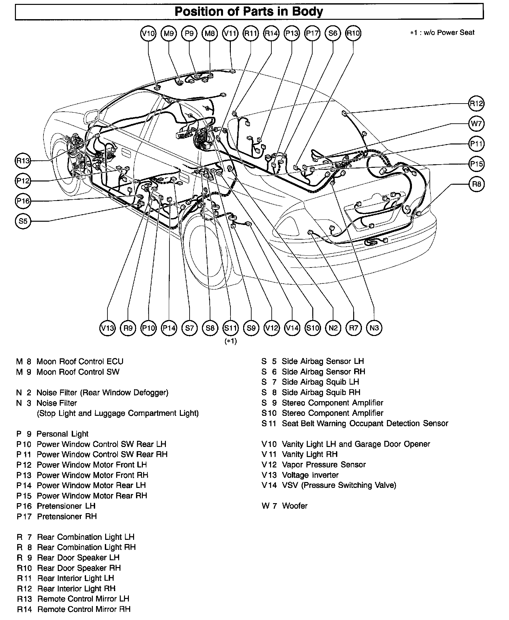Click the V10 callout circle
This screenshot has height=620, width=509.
(x=148, y=33)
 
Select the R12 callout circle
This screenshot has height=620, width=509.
(x=477, y=104)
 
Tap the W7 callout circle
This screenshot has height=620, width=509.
(x=477, y=124)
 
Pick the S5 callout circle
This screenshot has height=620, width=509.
(x=23, y=221)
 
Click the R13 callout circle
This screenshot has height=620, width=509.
(x=23, y=160)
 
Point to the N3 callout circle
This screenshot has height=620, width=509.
(x=374, y=328)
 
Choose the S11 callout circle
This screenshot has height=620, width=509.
(x=230, y=328)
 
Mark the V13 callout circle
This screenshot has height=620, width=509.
(x=107, y=328)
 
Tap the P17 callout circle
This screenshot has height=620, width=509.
(x=312, y=33)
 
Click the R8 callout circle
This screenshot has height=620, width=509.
(x=477, y=184)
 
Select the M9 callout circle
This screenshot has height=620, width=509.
(x=169, y=33)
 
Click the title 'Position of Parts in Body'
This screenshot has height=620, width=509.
(x=249, y=12)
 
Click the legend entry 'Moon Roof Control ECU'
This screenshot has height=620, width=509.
(x=80, y=362)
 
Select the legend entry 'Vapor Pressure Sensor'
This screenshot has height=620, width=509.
(x=324, y=465)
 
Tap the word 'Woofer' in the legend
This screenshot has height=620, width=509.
(x=294, y=506)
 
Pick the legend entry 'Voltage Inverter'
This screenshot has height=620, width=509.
(x=310, y=475)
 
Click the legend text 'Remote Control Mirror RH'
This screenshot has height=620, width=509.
(x=84, y=609)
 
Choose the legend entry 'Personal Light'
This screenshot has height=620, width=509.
(x=62, y=434)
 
